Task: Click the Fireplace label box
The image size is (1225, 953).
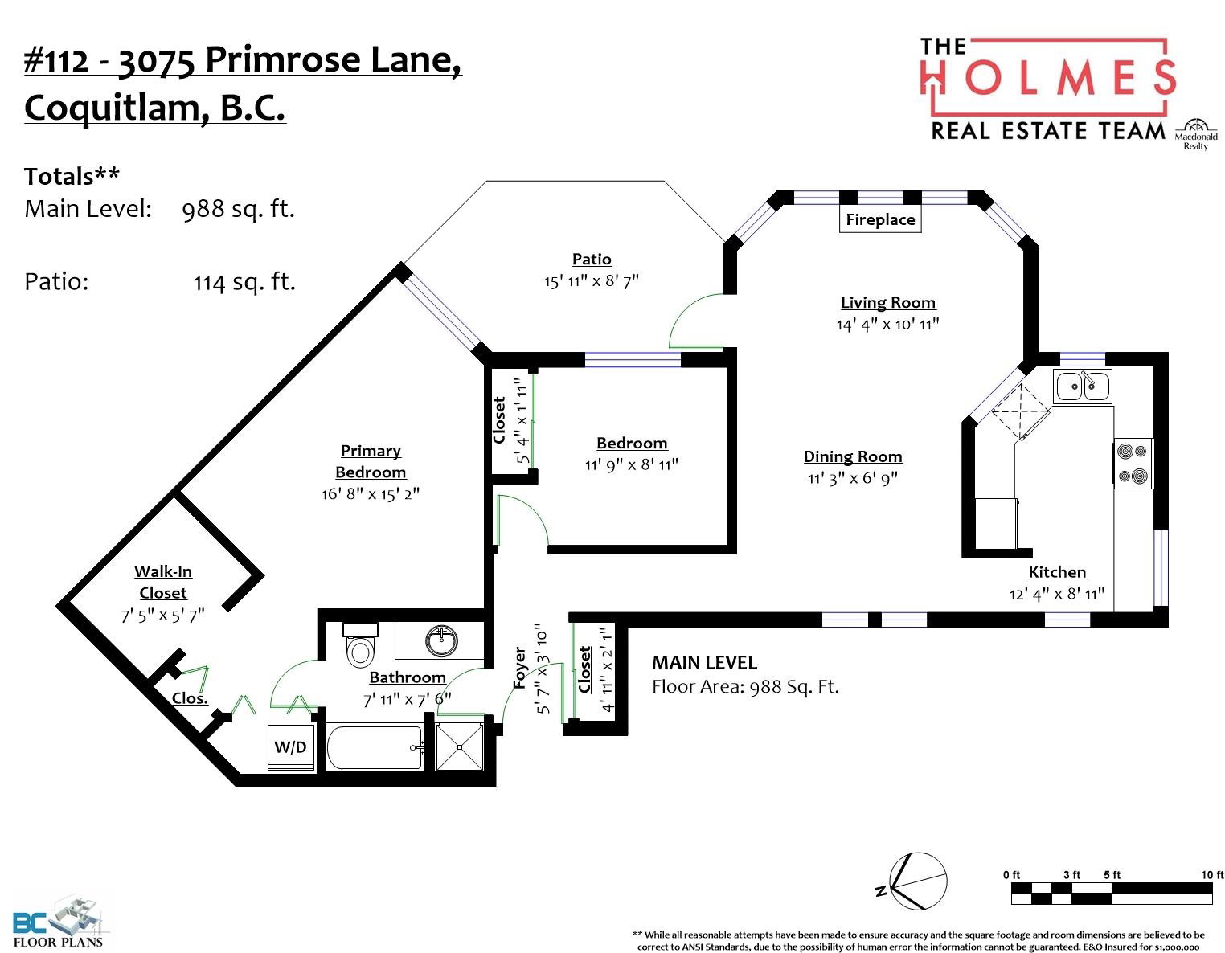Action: [880, 219]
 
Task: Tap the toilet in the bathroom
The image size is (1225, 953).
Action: [360, 645]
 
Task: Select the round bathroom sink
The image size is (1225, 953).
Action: [442, 640]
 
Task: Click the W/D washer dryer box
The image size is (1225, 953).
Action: [290, 747]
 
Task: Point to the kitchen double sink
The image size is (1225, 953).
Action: [1083, 387]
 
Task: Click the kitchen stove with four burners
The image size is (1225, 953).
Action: [1133, 464]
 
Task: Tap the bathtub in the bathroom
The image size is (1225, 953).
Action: [375, 747]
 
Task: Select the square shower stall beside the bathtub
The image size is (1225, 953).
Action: [460, 747]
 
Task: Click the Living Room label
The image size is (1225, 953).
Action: [888, 303]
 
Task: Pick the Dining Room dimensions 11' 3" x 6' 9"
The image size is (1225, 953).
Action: [852, 478]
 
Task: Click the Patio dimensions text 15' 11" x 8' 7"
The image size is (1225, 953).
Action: [592, 280]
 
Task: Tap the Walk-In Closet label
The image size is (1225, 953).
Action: [163, 583]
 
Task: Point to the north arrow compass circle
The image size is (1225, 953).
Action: [918, 881]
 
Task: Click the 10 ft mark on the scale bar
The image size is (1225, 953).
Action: [1211, 875]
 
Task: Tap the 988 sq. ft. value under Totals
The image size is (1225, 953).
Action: [238, 209]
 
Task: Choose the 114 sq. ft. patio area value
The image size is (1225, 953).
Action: [244, 282]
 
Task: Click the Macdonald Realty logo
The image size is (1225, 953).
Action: [1196, 135]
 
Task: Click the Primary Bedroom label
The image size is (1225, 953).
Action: [371, 461]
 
